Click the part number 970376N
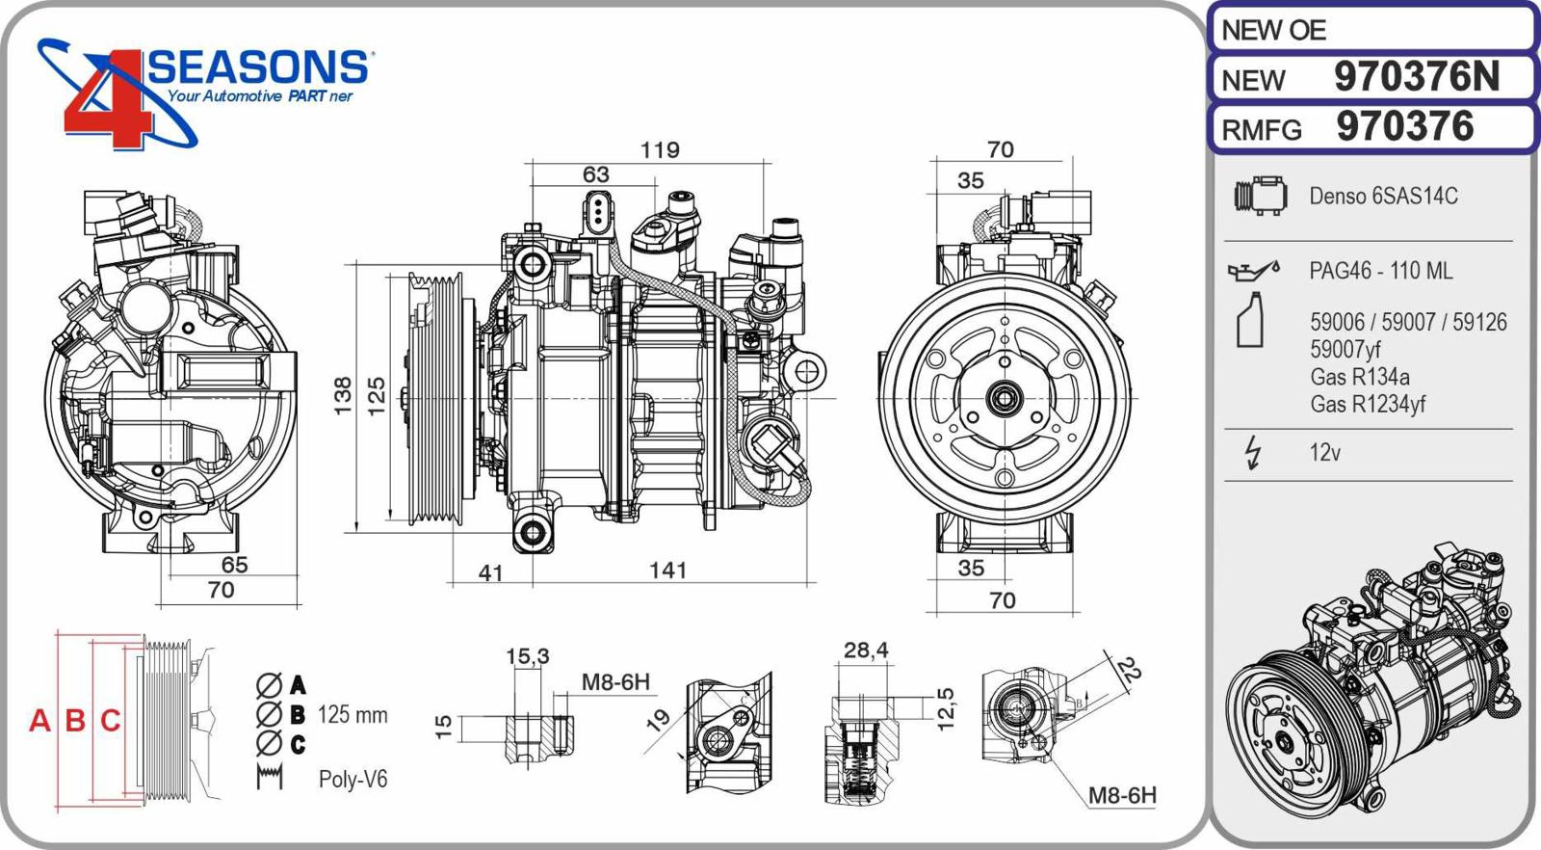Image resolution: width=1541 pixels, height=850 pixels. (1416, 77)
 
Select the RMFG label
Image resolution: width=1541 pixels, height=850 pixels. (1262, 129)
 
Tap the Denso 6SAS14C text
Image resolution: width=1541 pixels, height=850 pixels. (1383, 196)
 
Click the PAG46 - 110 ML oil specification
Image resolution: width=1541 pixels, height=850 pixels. (1380, 271)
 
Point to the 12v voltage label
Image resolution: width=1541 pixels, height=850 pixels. (1324, 452)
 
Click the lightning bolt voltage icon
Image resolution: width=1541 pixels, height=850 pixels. (1253, 452)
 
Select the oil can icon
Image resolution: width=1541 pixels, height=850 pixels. (1253, 271)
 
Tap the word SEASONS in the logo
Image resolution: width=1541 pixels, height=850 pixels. (257, 67)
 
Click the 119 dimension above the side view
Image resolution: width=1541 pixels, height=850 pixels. (660, 150)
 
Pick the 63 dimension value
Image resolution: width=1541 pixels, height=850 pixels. (595, 174)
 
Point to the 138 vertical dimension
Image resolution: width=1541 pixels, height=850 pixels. (343, 396)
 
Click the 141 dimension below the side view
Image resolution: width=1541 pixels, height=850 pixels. (667, 571)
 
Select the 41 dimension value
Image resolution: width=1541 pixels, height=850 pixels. (491, 573)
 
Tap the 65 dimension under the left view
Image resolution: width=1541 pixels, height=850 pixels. (234, 565)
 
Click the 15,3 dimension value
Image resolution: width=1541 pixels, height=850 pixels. (527, 656)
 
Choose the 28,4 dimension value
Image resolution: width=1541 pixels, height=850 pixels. (865, 651)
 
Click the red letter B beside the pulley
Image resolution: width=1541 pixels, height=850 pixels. (75, 720)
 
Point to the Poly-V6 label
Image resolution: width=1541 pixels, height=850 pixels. (353, 779)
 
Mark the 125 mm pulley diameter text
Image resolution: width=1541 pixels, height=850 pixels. (353, 715)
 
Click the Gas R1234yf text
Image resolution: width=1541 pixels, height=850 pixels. (1367, 404)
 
